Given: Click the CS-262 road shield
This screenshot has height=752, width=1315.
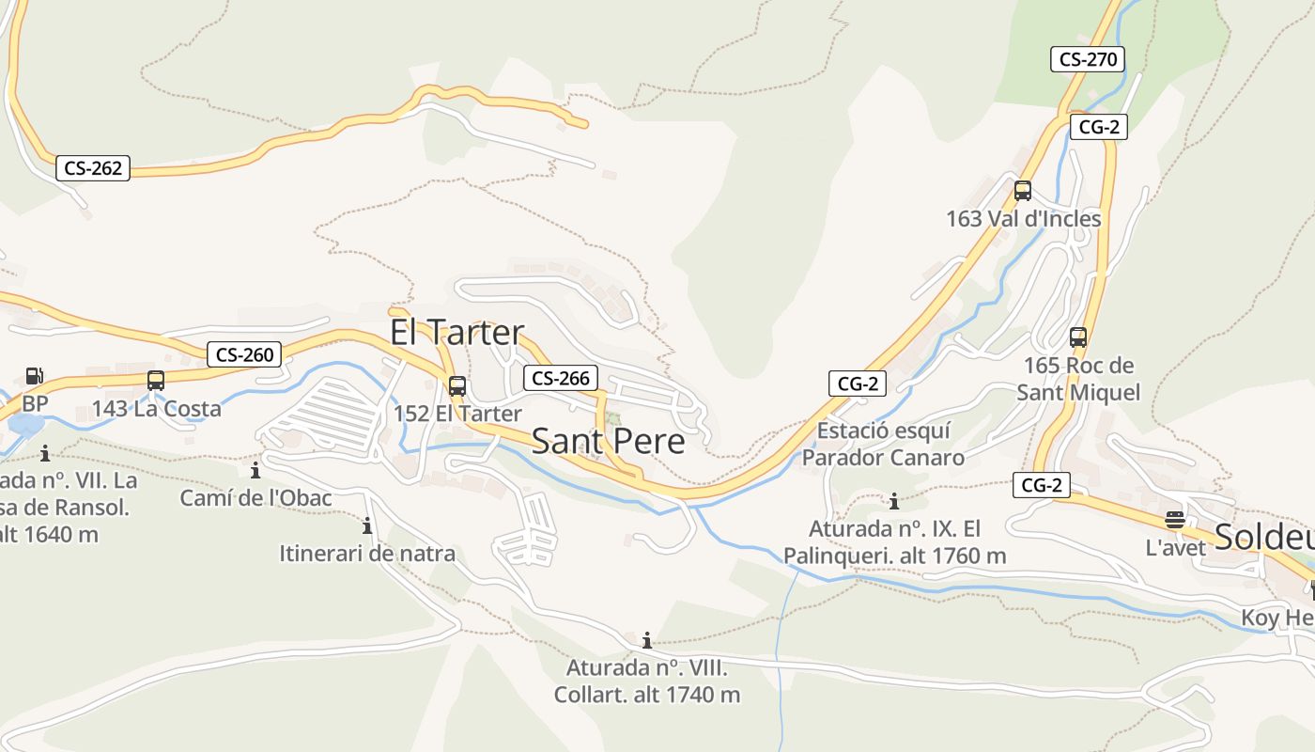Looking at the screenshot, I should (92, 168).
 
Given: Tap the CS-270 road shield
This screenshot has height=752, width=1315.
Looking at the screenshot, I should (1087, 59).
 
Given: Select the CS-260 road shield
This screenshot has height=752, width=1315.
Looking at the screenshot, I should (244, 354).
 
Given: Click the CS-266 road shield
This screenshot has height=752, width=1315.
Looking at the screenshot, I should (560, 378).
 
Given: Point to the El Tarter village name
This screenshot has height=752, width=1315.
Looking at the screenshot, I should (456, 332).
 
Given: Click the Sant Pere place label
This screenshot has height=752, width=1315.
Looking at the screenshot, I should (608, 441).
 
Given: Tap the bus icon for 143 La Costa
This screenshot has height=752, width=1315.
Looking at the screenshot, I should (156, 381).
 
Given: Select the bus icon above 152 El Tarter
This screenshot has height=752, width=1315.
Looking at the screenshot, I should (457, 385).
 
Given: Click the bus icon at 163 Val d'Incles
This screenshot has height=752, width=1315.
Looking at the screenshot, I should (1023, 191).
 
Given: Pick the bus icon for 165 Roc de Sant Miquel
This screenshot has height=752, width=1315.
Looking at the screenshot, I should (1078, 337).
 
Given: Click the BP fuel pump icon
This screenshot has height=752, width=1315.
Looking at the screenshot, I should (34, 376).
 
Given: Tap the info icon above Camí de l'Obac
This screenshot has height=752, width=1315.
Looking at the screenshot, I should (255, 470).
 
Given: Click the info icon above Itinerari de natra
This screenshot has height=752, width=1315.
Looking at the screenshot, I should (367, 525).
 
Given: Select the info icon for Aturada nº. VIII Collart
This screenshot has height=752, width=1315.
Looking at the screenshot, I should (646, 641).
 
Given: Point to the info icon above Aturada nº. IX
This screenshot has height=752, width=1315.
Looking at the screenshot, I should (894, 501).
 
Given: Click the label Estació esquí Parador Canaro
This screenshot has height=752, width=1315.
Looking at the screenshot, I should (883, 444).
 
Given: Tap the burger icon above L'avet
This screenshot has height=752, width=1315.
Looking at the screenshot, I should (1174, 520).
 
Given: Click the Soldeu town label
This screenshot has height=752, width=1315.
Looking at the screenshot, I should (1263, 536).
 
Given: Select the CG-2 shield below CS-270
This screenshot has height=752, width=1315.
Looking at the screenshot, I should (1098, 127).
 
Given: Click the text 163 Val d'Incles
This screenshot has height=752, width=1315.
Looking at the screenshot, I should (1023, 219).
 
